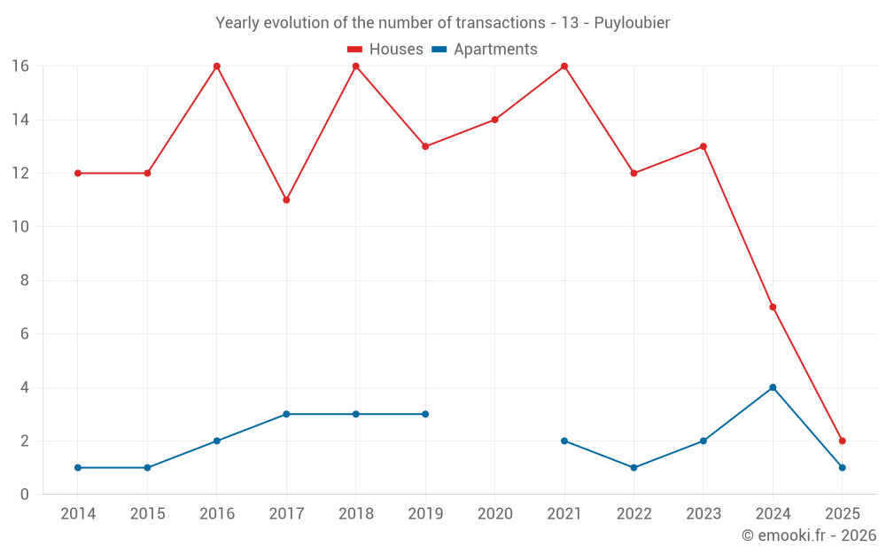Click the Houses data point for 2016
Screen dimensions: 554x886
pyautogui.click(x=216, y=66)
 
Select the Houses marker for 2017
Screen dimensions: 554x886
pyautogui.click(x=286, y=200)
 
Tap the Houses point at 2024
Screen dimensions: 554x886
pyautogui.click(x=773, y=308)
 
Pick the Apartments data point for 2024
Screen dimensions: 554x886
pyautogui.click(x=773, y=387)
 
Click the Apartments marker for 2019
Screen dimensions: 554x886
pyautogui.click(x=425, y=414)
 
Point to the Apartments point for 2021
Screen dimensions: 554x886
pyautogui.click(x=564, y=441)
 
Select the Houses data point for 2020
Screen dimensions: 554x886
pyautogui.click(x=494, y=120)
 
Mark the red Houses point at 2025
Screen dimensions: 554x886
pyautogui.click(x=842, y=441)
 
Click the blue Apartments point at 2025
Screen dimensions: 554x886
pyautogui.click(x=842, y=468)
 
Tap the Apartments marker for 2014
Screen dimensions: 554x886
pyautogui.click(x=78, y=468)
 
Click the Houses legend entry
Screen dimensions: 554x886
pyautogui.click(x=385, y=50)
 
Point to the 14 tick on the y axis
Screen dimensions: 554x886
pyautogui.click(x=20, y=120)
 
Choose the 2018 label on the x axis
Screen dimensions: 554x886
pyautogui.click(x=355, y=514)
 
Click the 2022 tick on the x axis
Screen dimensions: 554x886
pyautogui.click(x=633, y=514)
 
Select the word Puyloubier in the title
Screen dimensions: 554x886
pyautogui.click(x=633, y=22)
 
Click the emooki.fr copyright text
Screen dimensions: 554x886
pyautogui.click(x=808, y=535)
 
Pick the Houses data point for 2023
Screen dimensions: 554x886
pyautogui.click(x=703, y=146)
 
